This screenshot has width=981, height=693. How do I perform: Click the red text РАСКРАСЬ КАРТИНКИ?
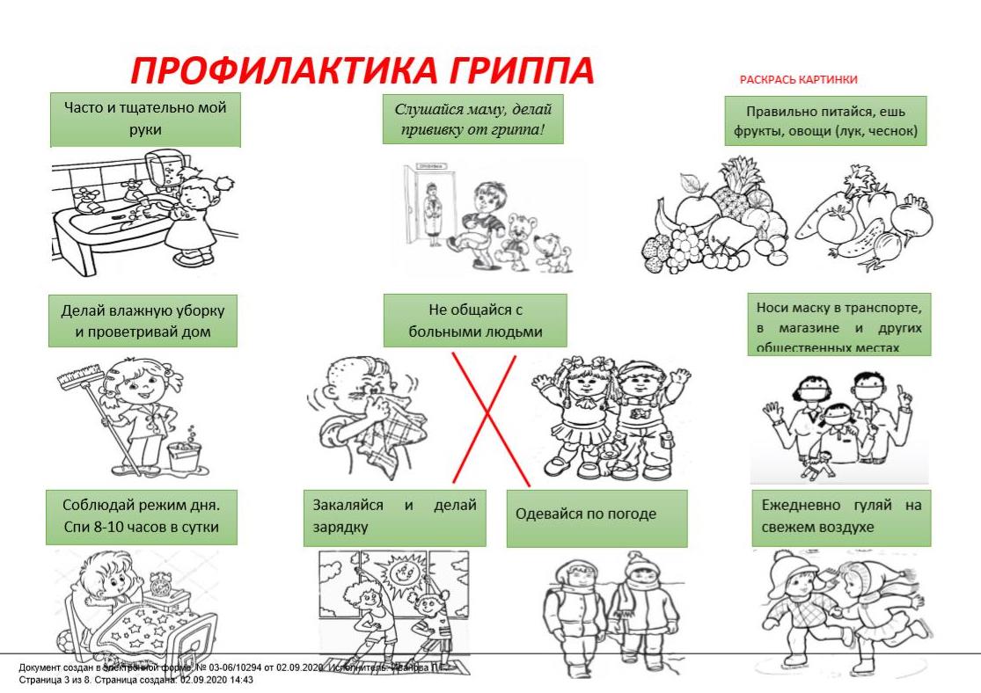(798, 80)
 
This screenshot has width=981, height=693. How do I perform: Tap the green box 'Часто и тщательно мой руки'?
(145, 120)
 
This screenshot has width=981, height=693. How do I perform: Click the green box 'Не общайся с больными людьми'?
(474, 320)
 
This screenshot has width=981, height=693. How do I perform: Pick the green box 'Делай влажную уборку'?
(143, 321)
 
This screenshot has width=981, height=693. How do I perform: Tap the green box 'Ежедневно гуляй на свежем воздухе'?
(841, 517)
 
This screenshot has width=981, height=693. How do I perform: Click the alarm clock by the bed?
(161, 584)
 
